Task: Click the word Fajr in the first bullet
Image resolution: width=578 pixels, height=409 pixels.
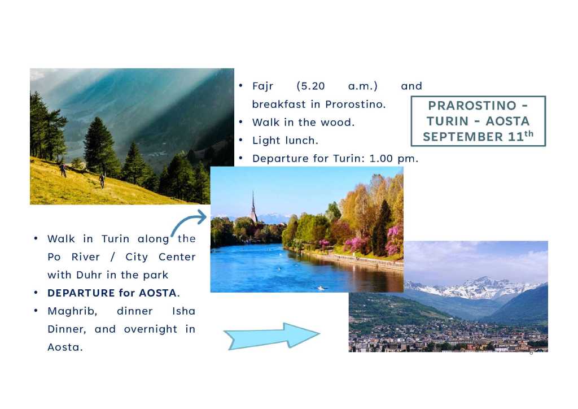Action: click(262, 86)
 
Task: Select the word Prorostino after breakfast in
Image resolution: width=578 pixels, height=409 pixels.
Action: click(355, 105)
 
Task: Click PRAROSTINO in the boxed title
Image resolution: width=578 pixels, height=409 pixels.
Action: click(472, 106)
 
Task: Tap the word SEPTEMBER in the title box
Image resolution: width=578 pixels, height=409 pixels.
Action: click(463, 137)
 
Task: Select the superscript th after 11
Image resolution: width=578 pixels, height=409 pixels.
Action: click(529, 133)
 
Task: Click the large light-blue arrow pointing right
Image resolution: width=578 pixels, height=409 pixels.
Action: click(272, 336)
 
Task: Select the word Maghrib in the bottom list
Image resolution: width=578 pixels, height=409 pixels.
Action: click(72, 311)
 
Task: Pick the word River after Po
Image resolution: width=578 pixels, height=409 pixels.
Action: click(86, 256)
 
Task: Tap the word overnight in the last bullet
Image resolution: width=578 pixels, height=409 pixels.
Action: click(150, 329)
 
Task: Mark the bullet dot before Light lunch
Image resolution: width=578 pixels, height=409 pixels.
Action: click(240, 140)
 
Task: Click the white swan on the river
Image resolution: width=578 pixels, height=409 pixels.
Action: click(321, 288)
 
